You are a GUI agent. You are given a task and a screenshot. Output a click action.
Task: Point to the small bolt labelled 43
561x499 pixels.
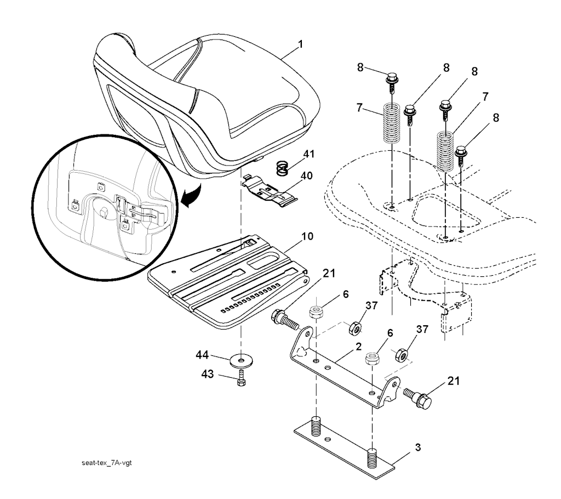[x=241, y=378]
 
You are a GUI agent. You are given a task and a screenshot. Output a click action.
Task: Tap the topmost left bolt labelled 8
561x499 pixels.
[x=391, y=81]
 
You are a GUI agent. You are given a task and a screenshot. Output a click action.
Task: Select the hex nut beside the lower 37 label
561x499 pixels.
[x=402, y=355]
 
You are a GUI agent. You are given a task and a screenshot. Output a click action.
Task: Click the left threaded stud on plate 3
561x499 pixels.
[x=317, y=426]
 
